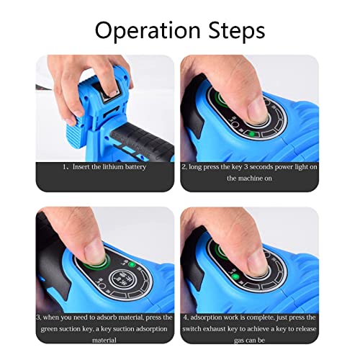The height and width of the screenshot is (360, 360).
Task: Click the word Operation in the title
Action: click(148, 30)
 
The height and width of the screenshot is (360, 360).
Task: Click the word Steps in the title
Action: click(237, 31)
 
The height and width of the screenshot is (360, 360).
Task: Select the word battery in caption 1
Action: click(135, 167)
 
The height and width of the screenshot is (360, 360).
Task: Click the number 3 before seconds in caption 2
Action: click(246, 167)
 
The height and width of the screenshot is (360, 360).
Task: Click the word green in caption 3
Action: click(49, 329)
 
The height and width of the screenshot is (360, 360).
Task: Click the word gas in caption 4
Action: click(239, 341)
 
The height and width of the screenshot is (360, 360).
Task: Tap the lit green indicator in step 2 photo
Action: click(252, 134)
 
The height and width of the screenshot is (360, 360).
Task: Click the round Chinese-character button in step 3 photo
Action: click(121, 279)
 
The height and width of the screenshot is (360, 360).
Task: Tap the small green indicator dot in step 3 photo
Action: click(132, 265)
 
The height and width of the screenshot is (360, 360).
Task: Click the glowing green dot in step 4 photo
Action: click(235, 277)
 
